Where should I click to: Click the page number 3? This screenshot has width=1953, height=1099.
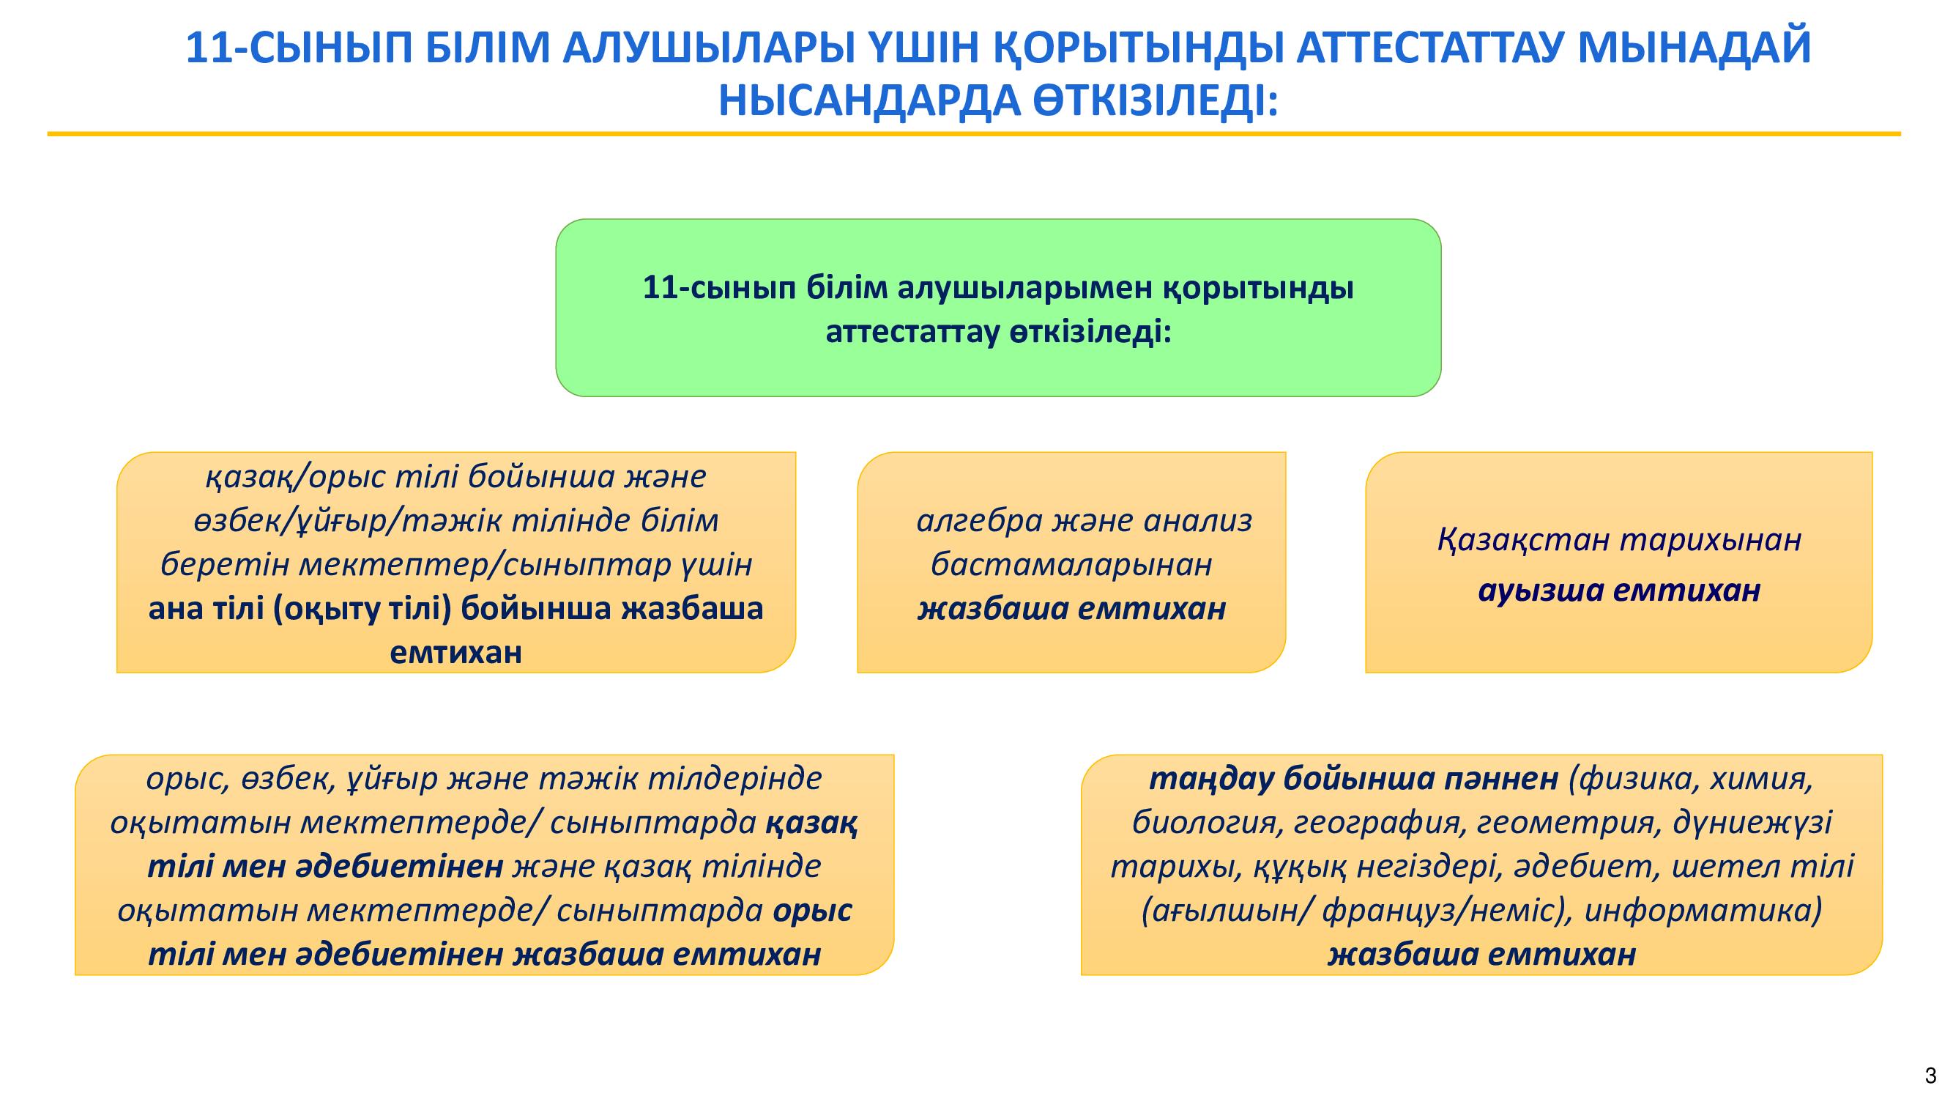click(x=1931, y=1076)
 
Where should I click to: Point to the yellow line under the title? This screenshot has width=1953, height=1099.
click(x=974, y=134)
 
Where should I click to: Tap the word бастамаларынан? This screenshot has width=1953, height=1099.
click(x=1071, y=565)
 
